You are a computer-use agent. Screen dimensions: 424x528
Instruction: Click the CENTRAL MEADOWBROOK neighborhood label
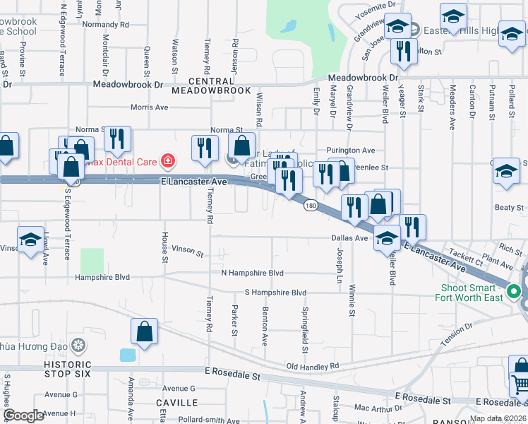[211, 86]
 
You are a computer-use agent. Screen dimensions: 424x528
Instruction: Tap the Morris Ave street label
[150, 107]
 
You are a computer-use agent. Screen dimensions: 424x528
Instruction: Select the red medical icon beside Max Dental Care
[167, 161]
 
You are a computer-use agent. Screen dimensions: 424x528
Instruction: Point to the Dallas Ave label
[349, 238]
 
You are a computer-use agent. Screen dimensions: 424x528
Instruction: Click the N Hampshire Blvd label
[252, 273]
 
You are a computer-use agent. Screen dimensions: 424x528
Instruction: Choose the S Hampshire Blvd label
[275, 293]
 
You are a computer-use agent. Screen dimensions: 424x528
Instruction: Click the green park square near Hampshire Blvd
[92, 261]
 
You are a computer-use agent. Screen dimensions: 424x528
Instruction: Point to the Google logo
[23, 416]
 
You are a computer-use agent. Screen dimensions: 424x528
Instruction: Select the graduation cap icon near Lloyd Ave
[30, 240]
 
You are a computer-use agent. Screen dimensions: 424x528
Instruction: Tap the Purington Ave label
[350, 151]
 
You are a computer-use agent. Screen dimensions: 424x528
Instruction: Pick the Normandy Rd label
[106, 24]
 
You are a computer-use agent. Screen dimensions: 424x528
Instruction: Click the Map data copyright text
[498, 418]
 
